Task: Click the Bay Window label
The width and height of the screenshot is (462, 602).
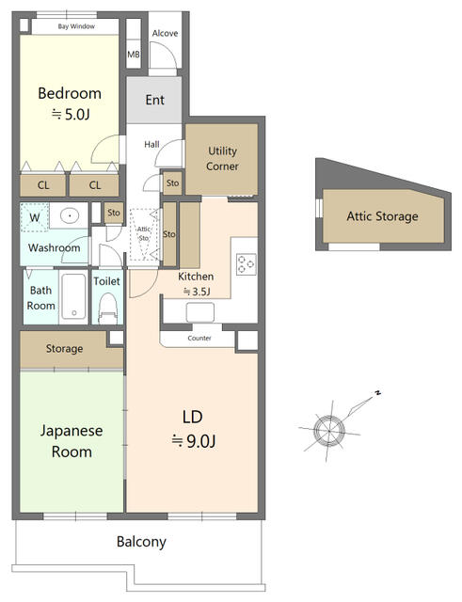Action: (76, 26)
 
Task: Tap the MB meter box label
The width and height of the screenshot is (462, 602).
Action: (134, 55)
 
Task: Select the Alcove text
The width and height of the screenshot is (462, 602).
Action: (166, 34)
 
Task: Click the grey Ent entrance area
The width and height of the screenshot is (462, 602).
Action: (154, 100)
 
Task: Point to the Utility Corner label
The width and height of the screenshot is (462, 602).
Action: (222, 158)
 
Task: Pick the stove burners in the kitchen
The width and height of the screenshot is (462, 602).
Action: (247, 264)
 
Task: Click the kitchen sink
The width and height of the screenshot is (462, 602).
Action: (200, 312)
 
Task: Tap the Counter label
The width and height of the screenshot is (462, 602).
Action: (199, 339)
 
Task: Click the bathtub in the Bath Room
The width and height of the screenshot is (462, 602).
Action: (73, 296)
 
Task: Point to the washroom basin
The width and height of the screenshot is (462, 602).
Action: (70, 215)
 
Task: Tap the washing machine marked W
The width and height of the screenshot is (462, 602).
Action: (34, 217)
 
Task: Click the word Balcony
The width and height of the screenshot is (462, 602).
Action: (141, 542)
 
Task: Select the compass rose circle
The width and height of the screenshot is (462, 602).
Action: (329, 430)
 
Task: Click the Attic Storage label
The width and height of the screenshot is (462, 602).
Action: (383, 216)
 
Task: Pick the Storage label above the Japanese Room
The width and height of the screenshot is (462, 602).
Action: (65, 349)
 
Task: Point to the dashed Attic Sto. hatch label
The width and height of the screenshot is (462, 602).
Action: (144, 233)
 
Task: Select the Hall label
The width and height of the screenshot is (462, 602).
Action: (151, 144)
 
